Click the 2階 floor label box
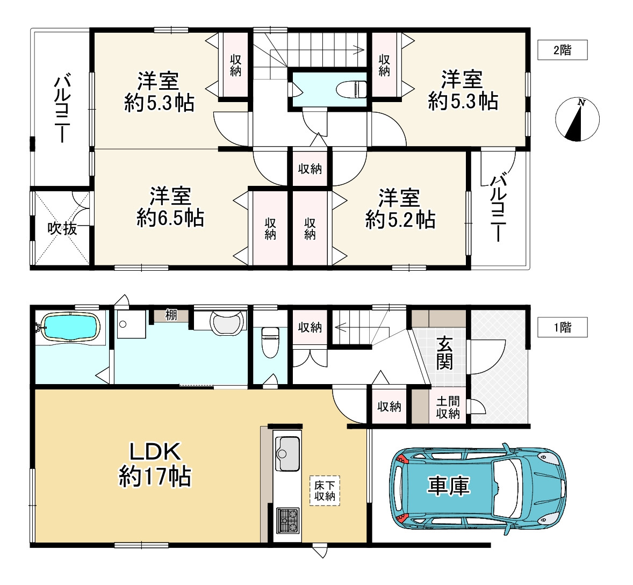(563, 50)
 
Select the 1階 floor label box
(563, 327)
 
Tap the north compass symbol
(577, 119)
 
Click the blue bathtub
(70, 327)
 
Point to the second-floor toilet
(351, 89)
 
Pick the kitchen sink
(287, 453)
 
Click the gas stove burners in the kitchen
(287, 521)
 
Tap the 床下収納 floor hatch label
(325, 490)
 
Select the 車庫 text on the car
(448, 485)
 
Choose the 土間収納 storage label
(448, 407)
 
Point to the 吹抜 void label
(62, 228)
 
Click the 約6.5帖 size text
(170, 218)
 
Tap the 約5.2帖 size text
(400, 220)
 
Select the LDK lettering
(155, 452)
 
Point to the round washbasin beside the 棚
(227, 322)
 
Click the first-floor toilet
(270, 342)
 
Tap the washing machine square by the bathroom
(131, 324)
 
